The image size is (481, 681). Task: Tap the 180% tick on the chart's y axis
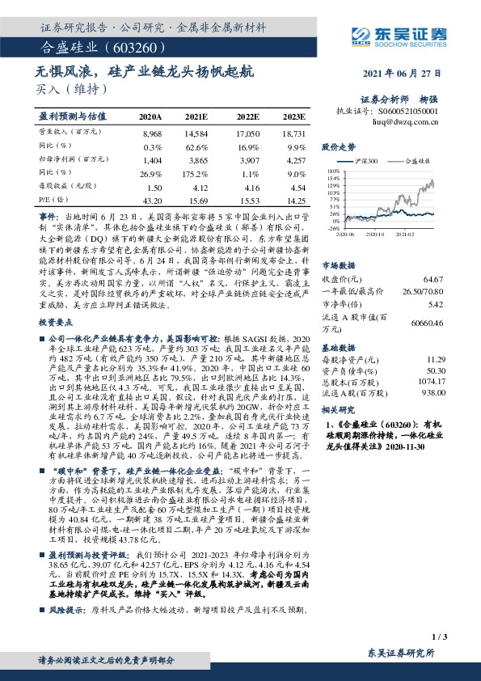click(333, 171)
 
